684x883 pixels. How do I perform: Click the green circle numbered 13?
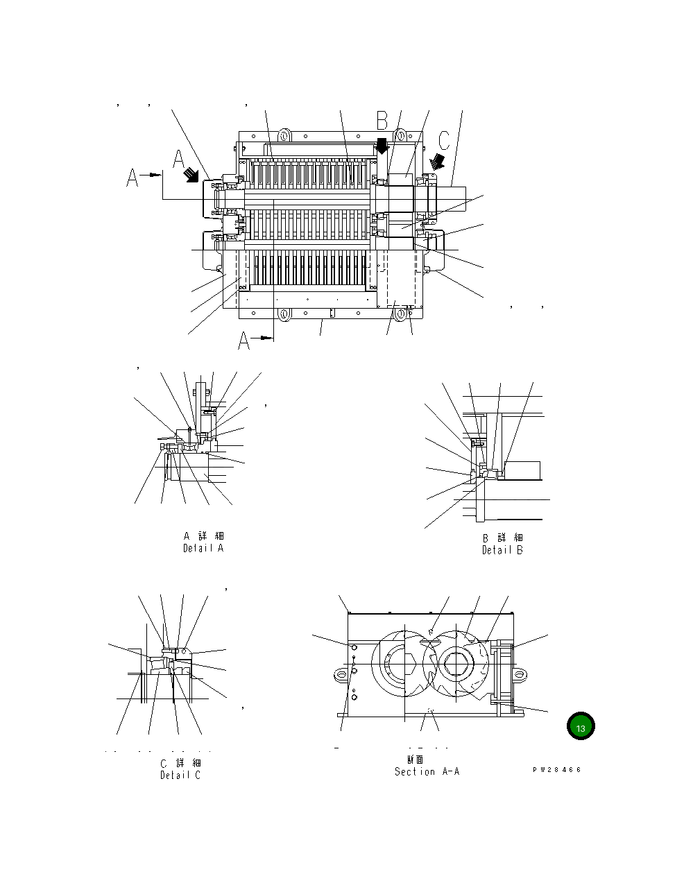pyautogui.click(x=581, y=727)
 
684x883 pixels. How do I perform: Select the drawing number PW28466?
pyautogui.click(x=556, y=770)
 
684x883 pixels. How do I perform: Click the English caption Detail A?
pyautogui.click(x=203, y=548)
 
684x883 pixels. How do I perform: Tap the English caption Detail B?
pyautogui.click(x=502, y=550)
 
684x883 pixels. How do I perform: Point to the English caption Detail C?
pyautogui.click(x=180, y=775)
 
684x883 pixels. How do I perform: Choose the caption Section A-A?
pyautogui.click(x=427, y=771)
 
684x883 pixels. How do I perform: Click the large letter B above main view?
pyautogui.click(x=382, y=121)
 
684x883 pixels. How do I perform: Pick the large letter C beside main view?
pyautogui.click(x=443, y=139)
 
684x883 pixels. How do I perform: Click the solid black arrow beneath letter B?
pyautogui.click(x=381, y=146)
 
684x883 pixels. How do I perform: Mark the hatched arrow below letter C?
pyautogui.click(x=437, y=162)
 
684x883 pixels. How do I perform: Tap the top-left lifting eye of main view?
pyautogui.click(x=283, y=134)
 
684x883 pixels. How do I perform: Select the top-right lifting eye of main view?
pyautogui.click(x=402, y=134)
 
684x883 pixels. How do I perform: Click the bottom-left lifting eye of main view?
pyautogui.click(x=283, y=314)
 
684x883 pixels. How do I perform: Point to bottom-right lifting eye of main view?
pyautogui.click(x=401, y=314)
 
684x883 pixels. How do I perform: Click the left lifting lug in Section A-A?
pyautogui.click(x=339, y=673)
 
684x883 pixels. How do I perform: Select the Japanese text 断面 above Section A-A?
pyautogui.click(x=415, y=760)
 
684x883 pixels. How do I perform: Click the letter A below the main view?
pyautogui.click(x=244, y=340)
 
